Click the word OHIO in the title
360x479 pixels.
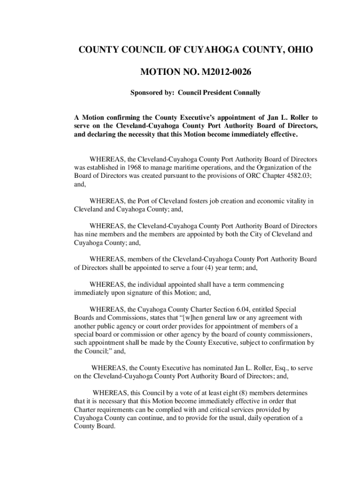294,50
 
